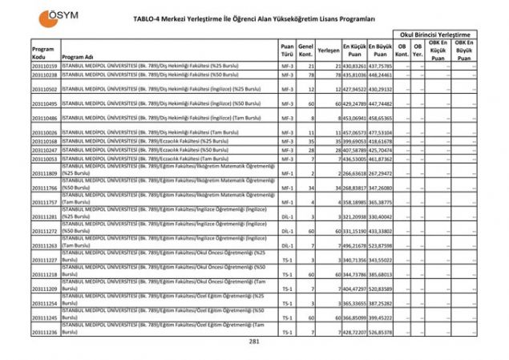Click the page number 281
pos(255,341)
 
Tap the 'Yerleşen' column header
pos(328,50)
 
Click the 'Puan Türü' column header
pos(287,50)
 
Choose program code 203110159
pos(44,66)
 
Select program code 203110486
pos(44,118)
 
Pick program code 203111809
pos(44,173)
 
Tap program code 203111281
pos(44,216)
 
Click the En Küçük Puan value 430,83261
pos(354,66)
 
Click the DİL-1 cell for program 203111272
pos(287,231)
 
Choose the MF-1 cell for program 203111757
pos(287,202)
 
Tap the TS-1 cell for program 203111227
pos(287,260)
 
